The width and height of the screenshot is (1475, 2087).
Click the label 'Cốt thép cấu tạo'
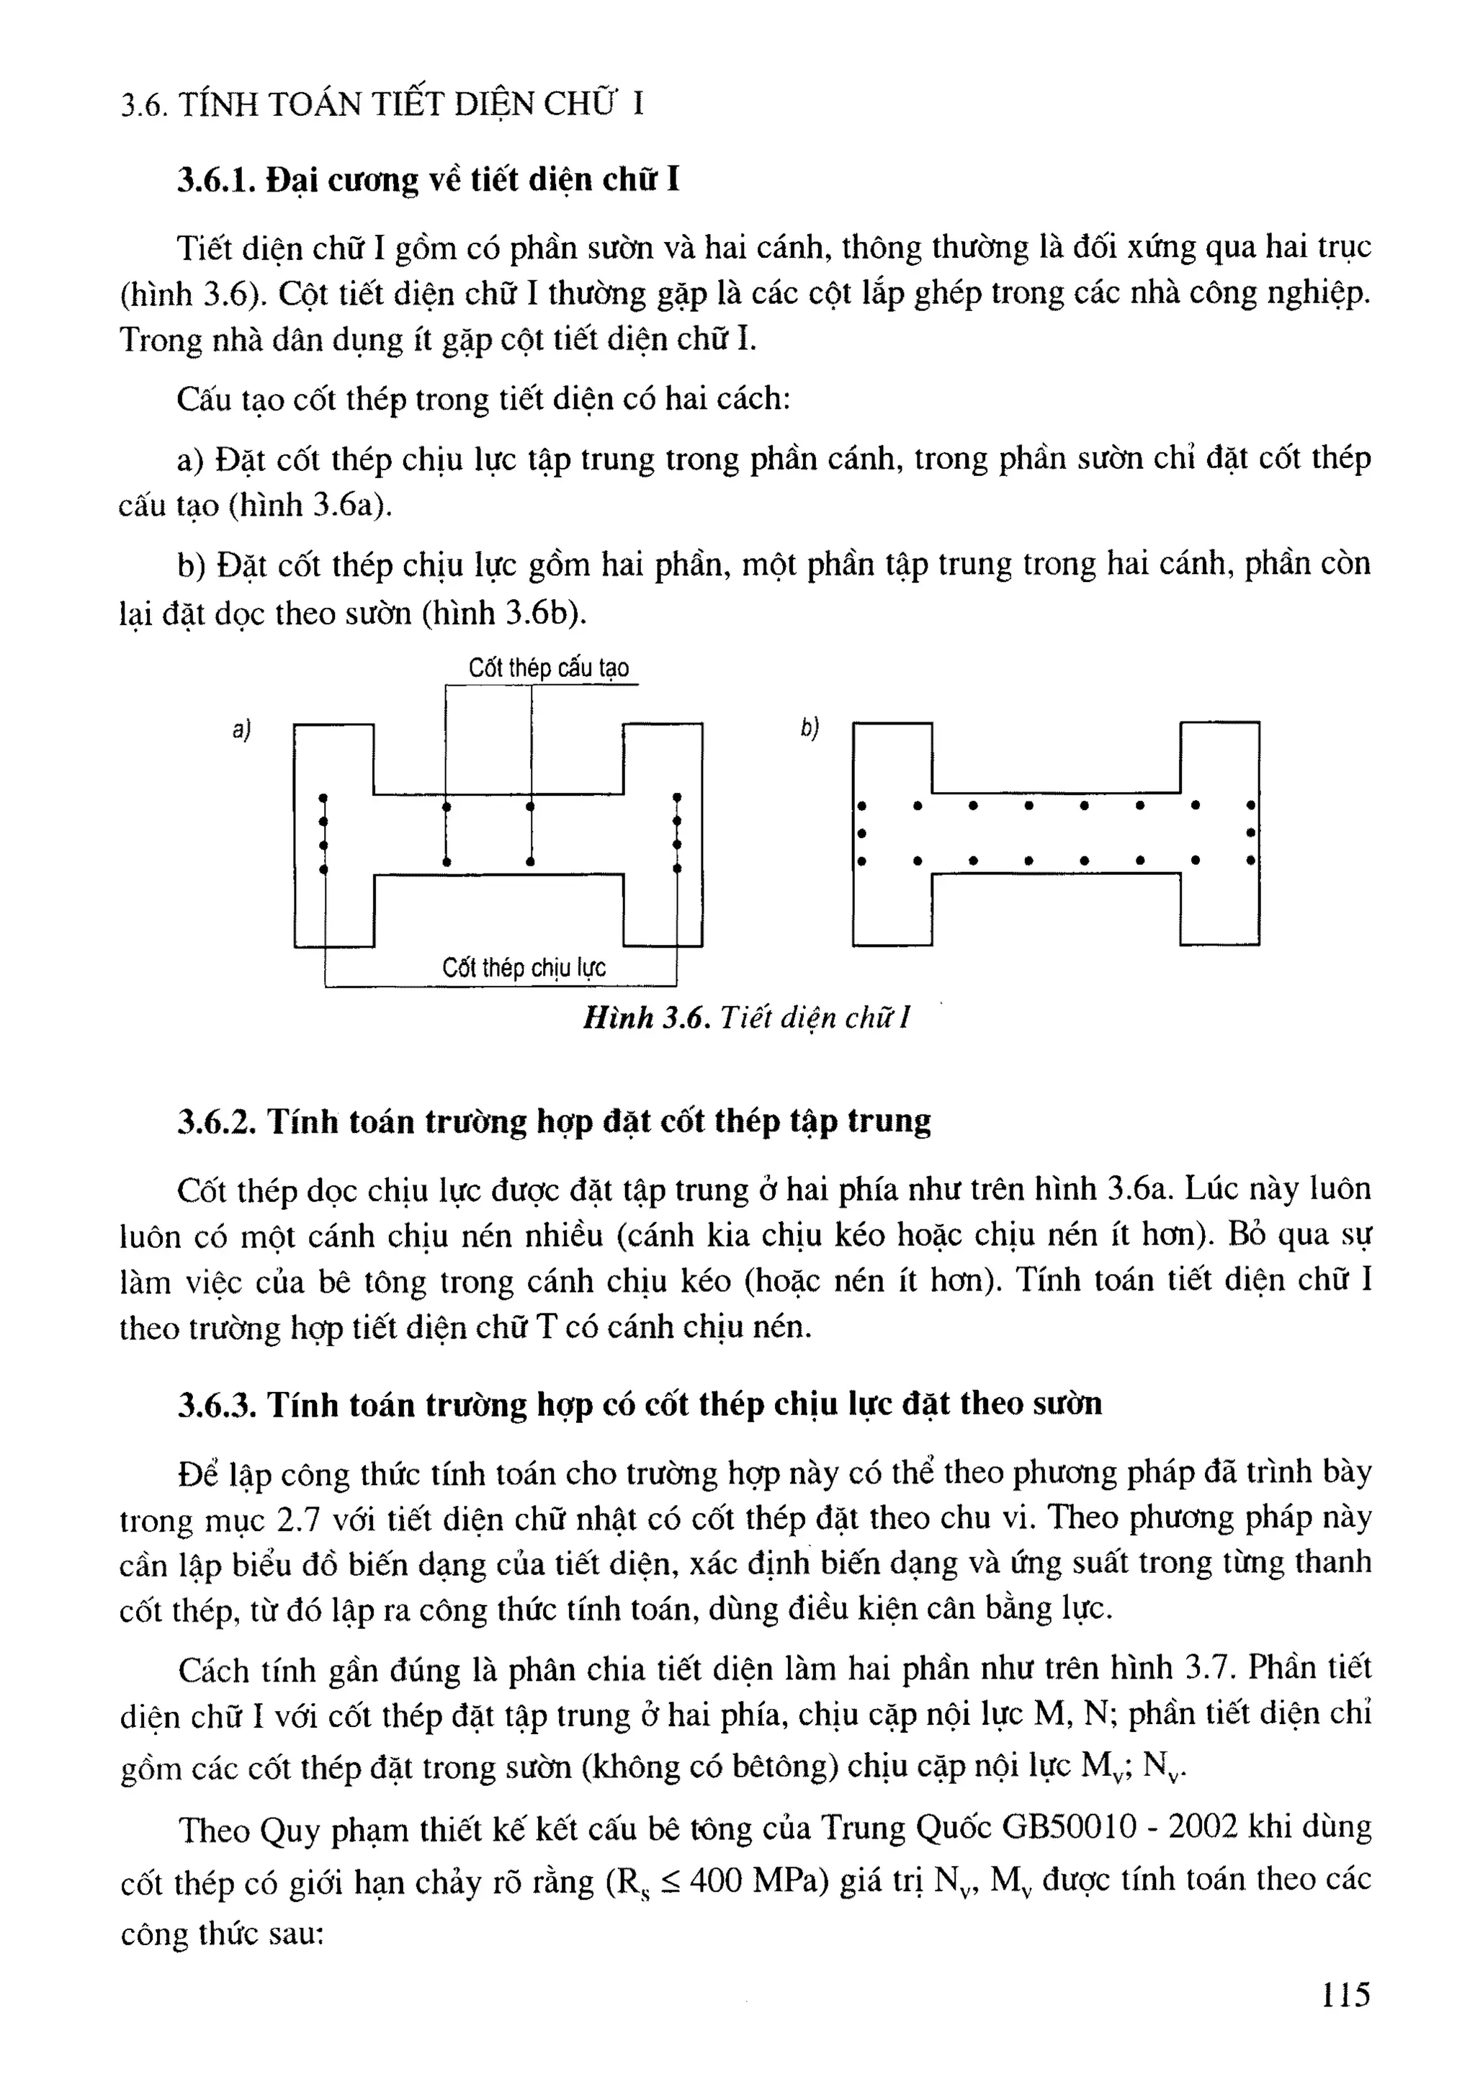548,668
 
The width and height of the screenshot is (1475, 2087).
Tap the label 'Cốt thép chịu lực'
524,967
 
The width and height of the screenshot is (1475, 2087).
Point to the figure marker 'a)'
241,730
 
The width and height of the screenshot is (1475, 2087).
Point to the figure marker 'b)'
809,728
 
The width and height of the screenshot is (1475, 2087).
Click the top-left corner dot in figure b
861,805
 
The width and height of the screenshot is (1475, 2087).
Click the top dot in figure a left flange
323,799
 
